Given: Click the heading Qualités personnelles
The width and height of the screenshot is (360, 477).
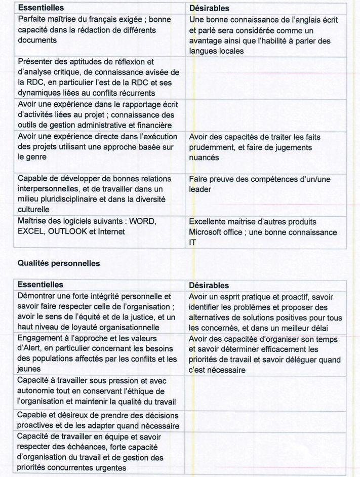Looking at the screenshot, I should (59, 263).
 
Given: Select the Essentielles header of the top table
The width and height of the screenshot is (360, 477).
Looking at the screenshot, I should (41, 8).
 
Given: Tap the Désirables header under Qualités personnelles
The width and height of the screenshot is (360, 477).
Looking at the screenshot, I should (209, 286).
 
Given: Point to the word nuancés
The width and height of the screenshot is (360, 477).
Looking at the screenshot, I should (205, 158).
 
